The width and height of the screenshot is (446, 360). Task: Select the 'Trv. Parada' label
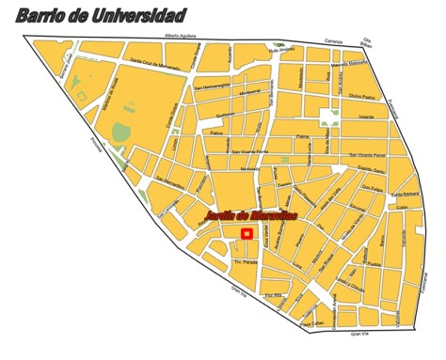click(x=219, y=262)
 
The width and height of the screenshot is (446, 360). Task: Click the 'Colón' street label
click(x=401, y=207)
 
